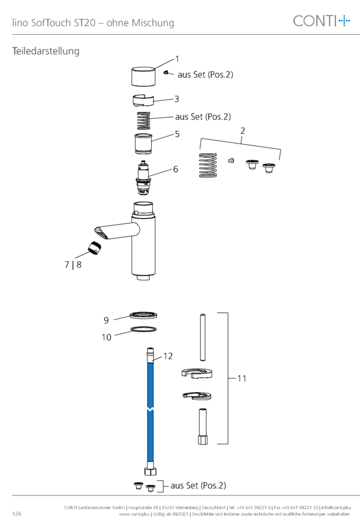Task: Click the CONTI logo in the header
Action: (321, 21)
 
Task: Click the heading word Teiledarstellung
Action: (46, 51)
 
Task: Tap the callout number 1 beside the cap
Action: (177, 59)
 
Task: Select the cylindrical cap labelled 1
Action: (143, 77)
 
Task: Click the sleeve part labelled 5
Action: (143, 144)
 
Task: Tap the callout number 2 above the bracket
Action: (242, 131)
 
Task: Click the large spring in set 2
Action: (208, 165)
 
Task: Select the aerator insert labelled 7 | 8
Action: (95, 247)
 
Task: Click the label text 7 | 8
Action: (73, 265)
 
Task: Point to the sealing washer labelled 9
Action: (143, 315)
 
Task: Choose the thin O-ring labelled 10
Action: (143, 330)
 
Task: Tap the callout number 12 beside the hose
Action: (168, 356)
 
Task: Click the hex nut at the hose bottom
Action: (151, 471)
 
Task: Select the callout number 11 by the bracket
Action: (242, 378)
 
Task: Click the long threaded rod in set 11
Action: (203, 337)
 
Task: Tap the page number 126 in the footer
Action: (17, 513)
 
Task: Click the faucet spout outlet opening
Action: (101, 232)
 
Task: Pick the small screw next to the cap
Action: (166, 73)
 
